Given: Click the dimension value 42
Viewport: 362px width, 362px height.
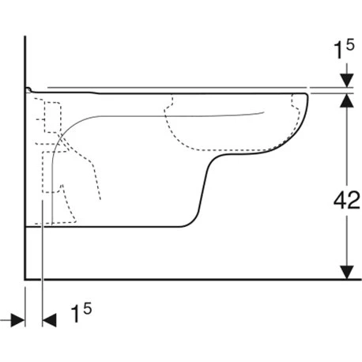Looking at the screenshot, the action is (x=347, y=200).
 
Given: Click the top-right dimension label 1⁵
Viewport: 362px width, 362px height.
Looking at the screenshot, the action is (x=344, y=49).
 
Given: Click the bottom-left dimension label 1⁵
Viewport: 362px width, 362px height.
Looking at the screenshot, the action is (x=81, y=312).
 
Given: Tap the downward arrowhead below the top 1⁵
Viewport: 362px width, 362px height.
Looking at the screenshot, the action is (x=347, y=81).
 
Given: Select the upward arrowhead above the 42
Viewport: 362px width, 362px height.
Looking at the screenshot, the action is (x=347, y=100).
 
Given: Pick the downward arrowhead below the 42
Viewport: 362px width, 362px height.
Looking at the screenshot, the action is (x=347, y=272).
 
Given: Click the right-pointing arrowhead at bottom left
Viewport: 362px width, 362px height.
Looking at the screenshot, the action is (x=18, y=320).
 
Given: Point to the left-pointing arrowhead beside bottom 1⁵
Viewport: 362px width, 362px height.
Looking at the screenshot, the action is (x=49, y=320).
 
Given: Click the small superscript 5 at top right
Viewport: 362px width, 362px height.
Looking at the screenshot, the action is (x=350, y=45).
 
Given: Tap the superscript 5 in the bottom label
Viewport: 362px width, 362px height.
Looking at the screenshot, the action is (x=88, y=308).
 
